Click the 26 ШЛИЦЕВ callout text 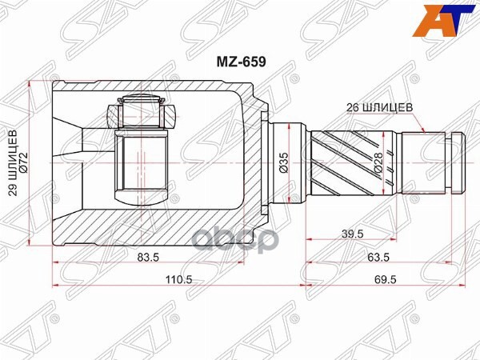(381, 106)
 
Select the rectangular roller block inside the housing (141, 167)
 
